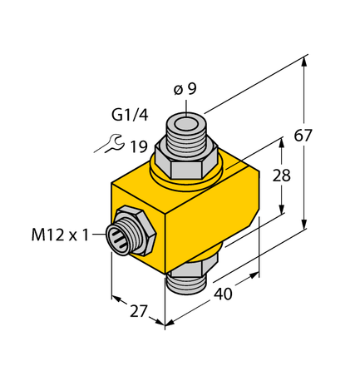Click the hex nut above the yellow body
185,164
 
